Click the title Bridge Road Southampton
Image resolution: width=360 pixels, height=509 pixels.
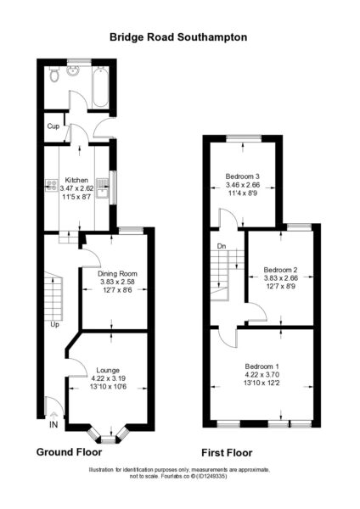coord(178,37)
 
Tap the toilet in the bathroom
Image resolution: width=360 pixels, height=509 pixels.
coord(54,74)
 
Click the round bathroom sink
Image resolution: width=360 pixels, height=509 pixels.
coord(73,70)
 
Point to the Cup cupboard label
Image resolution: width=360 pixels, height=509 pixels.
coord(53,126)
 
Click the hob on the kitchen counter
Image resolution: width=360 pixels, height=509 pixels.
coord(51,186)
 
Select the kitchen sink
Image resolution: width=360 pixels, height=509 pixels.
coord(103,188)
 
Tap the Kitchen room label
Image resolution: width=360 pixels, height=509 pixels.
coord(76,180)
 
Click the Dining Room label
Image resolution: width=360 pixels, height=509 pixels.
coord(118,274)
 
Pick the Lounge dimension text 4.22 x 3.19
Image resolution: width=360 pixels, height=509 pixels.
coord(109,378)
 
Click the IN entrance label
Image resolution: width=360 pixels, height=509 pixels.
coord(53,424)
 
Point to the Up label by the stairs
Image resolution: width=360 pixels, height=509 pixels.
coord(54,324)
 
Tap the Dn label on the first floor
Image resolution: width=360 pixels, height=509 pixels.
coord(222,246)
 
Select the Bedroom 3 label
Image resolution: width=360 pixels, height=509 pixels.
coord(243,176)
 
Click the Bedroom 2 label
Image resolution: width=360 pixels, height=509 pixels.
coord(280,270)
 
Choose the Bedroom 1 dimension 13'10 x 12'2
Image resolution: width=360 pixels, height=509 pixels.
coord(262,383)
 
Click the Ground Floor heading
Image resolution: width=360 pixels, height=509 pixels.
coord(70,452)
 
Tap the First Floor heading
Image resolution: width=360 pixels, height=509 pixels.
coord(227,453)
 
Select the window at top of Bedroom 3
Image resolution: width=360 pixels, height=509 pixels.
coord(244,138)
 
